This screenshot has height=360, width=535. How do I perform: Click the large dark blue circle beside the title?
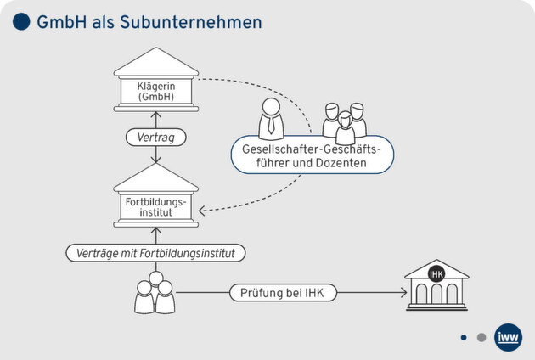pos(22,22)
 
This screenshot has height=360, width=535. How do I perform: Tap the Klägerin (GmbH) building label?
pos(156,91)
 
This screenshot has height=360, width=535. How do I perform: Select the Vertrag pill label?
pos(155,137)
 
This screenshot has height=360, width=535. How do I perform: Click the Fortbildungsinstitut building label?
pos(155,207)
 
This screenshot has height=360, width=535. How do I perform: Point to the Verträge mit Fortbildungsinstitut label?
pos(155,252)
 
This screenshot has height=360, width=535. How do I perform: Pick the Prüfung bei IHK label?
pos(283,293)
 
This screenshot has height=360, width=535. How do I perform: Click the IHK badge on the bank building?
pos(436,273)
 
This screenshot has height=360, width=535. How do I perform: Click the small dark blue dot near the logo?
pos(464,337)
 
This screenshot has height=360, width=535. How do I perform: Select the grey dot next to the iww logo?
pos(481,337)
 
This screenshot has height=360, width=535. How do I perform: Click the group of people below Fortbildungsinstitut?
pos(155,293)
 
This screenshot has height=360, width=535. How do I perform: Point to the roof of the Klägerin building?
pos(155,62)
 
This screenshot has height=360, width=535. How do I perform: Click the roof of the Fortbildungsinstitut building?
pos(155,178)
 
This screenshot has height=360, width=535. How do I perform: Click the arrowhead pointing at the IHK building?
pos(402,294)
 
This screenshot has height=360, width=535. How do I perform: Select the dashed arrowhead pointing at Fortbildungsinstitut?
pos(205,209)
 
